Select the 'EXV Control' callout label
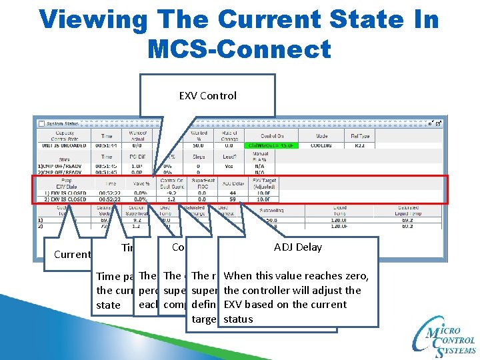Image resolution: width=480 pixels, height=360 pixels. (208, 95)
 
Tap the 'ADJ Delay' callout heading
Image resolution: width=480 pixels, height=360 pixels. (297, 247)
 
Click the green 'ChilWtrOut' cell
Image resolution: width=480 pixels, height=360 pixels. (271, 145)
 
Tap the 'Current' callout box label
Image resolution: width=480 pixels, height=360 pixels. (72, 254)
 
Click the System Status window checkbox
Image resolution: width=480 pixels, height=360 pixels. (41, 123)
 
